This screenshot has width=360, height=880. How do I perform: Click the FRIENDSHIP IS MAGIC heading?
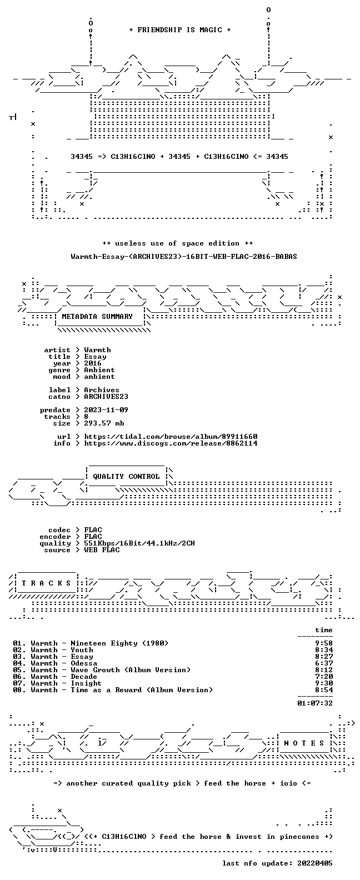(x=180, y=30)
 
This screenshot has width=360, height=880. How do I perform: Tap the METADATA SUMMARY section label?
(x=97, y=316)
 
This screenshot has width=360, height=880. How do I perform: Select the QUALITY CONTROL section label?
(x=126, y=477)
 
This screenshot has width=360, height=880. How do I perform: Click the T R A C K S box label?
(x=46, y=583)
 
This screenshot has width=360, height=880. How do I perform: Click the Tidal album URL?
(x=171, y=437)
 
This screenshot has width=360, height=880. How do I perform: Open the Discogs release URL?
(x=171, y=443)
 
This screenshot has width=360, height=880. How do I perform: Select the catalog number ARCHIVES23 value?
(x=106, y=397)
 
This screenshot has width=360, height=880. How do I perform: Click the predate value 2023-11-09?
(x=106, y=410)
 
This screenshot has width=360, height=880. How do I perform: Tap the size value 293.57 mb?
(x=104, y=423)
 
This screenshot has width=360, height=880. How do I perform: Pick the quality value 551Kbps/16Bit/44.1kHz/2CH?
(x=139, y=543)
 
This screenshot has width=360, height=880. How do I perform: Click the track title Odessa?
(x=84, y=663)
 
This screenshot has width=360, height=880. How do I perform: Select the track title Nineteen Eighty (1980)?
(x=119, y=643)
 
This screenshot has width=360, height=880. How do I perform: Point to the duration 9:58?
(x=324, y=643)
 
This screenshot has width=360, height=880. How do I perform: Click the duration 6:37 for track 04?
(x=324, y=663)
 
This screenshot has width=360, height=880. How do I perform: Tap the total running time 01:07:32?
(x=315, y=703)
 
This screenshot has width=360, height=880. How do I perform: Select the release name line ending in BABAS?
(x=184, y=257)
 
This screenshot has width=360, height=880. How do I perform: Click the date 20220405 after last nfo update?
(x=315, y=863)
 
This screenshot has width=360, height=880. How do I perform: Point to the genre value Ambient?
(x=99, y=369)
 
